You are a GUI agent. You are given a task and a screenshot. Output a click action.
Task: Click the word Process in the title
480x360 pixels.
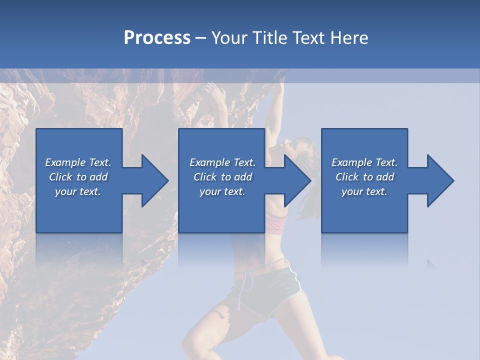157,38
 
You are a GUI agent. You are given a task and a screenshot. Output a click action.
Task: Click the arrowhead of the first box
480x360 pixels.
153,180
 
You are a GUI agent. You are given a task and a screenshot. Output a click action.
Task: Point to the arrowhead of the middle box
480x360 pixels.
295,180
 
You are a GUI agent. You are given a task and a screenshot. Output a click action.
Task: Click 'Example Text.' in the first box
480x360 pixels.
78,162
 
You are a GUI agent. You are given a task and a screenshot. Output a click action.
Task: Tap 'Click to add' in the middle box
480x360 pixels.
222,177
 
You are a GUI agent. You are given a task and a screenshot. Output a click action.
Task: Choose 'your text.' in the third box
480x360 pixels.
364,191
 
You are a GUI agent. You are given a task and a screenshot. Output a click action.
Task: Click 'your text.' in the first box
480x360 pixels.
78,191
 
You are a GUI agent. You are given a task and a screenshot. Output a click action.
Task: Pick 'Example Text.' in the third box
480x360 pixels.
364,162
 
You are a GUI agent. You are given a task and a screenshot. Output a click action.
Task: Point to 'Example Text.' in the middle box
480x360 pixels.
222,162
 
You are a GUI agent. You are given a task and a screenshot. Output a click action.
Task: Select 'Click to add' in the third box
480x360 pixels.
364,177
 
